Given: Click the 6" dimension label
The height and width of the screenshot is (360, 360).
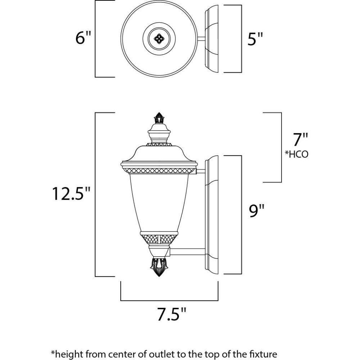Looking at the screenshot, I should (x=83, y=38).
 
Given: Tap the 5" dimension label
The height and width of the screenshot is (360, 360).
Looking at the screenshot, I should (x=255, y=39).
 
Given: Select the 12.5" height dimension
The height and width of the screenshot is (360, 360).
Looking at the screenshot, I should (x=71, y=194).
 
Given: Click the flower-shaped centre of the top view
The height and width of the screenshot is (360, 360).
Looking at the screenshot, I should (x=159, y=39).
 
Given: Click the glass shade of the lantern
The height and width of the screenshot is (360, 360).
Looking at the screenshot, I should (x=159, y=202).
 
